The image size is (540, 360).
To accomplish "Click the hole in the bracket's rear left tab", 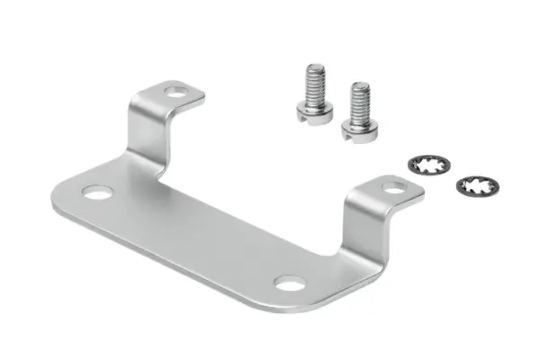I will (176, 91).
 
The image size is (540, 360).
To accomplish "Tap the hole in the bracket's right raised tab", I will (394, 188).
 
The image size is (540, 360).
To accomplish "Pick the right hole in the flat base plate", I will (288, 284).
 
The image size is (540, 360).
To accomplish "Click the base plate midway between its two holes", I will (193, 238).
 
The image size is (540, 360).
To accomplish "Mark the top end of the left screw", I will (315, 66).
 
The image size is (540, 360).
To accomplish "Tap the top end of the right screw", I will (361, 85).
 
